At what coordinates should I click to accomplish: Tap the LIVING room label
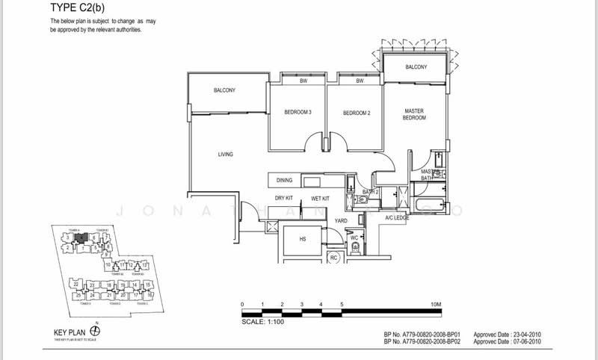[x=226, y=155]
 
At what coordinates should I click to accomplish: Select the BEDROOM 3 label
[x=297, y=113]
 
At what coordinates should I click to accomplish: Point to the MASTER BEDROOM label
[x=414, y=114]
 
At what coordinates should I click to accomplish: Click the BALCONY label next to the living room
[x=224, y=90]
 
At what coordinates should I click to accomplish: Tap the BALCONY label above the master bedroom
[x=416, y=67]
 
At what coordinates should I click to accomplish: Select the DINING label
[x=284, y=181]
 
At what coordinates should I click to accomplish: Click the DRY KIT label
[x=283, y=199]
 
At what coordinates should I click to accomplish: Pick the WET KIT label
[x=321, y=199]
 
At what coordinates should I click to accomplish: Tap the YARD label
[x=341, y=221]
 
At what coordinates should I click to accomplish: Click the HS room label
[x=301, y=239]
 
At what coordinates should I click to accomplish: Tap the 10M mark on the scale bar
[x=437, y=305]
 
